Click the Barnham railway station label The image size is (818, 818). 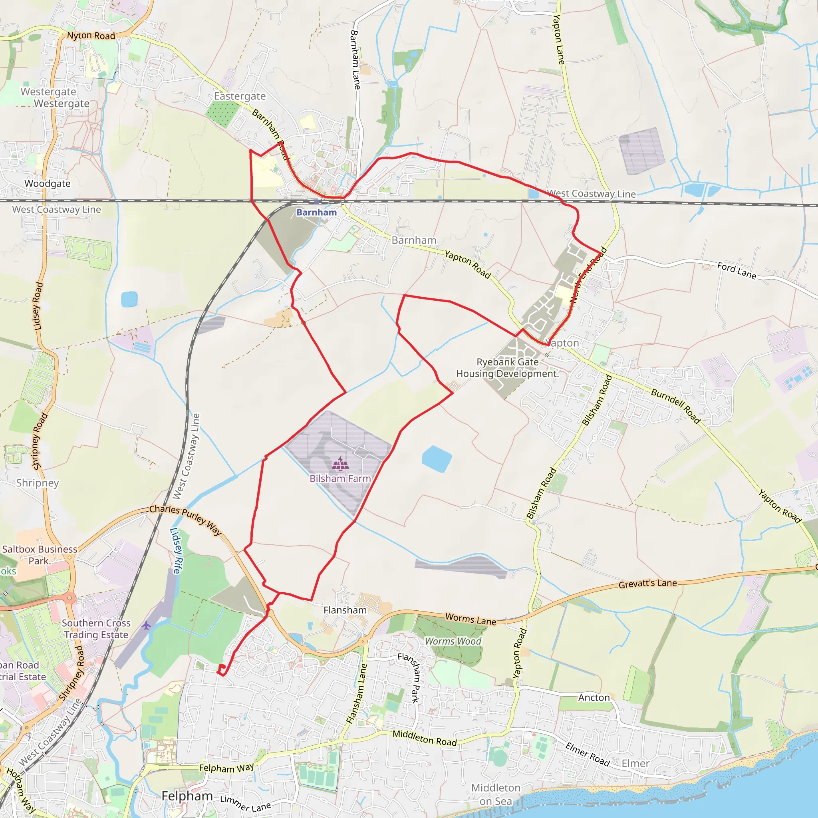coord(316,212)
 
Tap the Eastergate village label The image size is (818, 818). coord(240,97)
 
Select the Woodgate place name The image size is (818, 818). coord(48,184)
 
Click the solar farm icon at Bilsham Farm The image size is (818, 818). coord(340,464)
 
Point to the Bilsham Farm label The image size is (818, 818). coord(340,478)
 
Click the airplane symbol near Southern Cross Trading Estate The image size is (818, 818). coord(147,625)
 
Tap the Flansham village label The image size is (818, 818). coord(345,610)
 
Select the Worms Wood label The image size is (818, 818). coord(453,641)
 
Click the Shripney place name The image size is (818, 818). coord(38,483)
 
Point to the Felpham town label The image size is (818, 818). coord(187,796)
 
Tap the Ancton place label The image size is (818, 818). coord(594,698)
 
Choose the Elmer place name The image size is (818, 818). coord(635,763)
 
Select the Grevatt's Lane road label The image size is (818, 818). coord(648,584)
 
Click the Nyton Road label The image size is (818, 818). coord(91,36)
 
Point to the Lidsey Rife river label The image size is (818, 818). coord(177,551)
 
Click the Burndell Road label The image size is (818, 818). coord(676,406)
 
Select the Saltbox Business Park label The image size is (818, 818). coord(40,555)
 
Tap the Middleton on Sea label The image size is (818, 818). coord(496,795)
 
